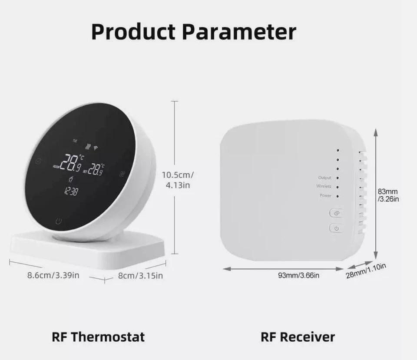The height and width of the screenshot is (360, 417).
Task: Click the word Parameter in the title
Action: [238, 32]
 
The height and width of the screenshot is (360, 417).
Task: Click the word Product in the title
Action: [133, 32]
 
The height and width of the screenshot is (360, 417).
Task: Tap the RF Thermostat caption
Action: [98, 337]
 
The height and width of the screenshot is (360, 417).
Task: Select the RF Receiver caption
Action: [298, 337]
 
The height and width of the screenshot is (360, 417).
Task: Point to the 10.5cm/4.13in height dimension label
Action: [178, 180]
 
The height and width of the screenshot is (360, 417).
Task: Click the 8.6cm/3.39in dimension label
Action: [53, 275]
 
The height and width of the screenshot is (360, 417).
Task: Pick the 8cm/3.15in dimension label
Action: [140, 275]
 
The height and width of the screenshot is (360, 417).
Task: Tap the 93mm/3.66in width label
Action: [299, 275]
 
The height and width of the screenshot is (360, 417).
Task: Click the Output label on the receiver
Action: [324, 178]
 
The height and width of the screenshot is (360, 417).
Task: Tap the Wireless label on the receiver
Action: [324, 186]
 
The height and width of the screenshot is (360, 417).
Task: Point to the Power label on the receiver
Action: [325, 196]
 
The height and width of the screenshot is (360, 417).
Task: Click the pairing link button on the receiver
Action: [336, 213]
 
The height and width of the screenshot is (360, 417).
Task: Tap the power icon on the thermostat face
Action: [59, 221]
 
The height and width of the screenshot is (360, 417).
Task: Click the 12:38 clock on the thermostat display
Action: [70, 191]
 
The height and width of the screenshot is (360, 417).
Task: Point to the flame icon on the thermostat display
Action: [71, 179]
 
